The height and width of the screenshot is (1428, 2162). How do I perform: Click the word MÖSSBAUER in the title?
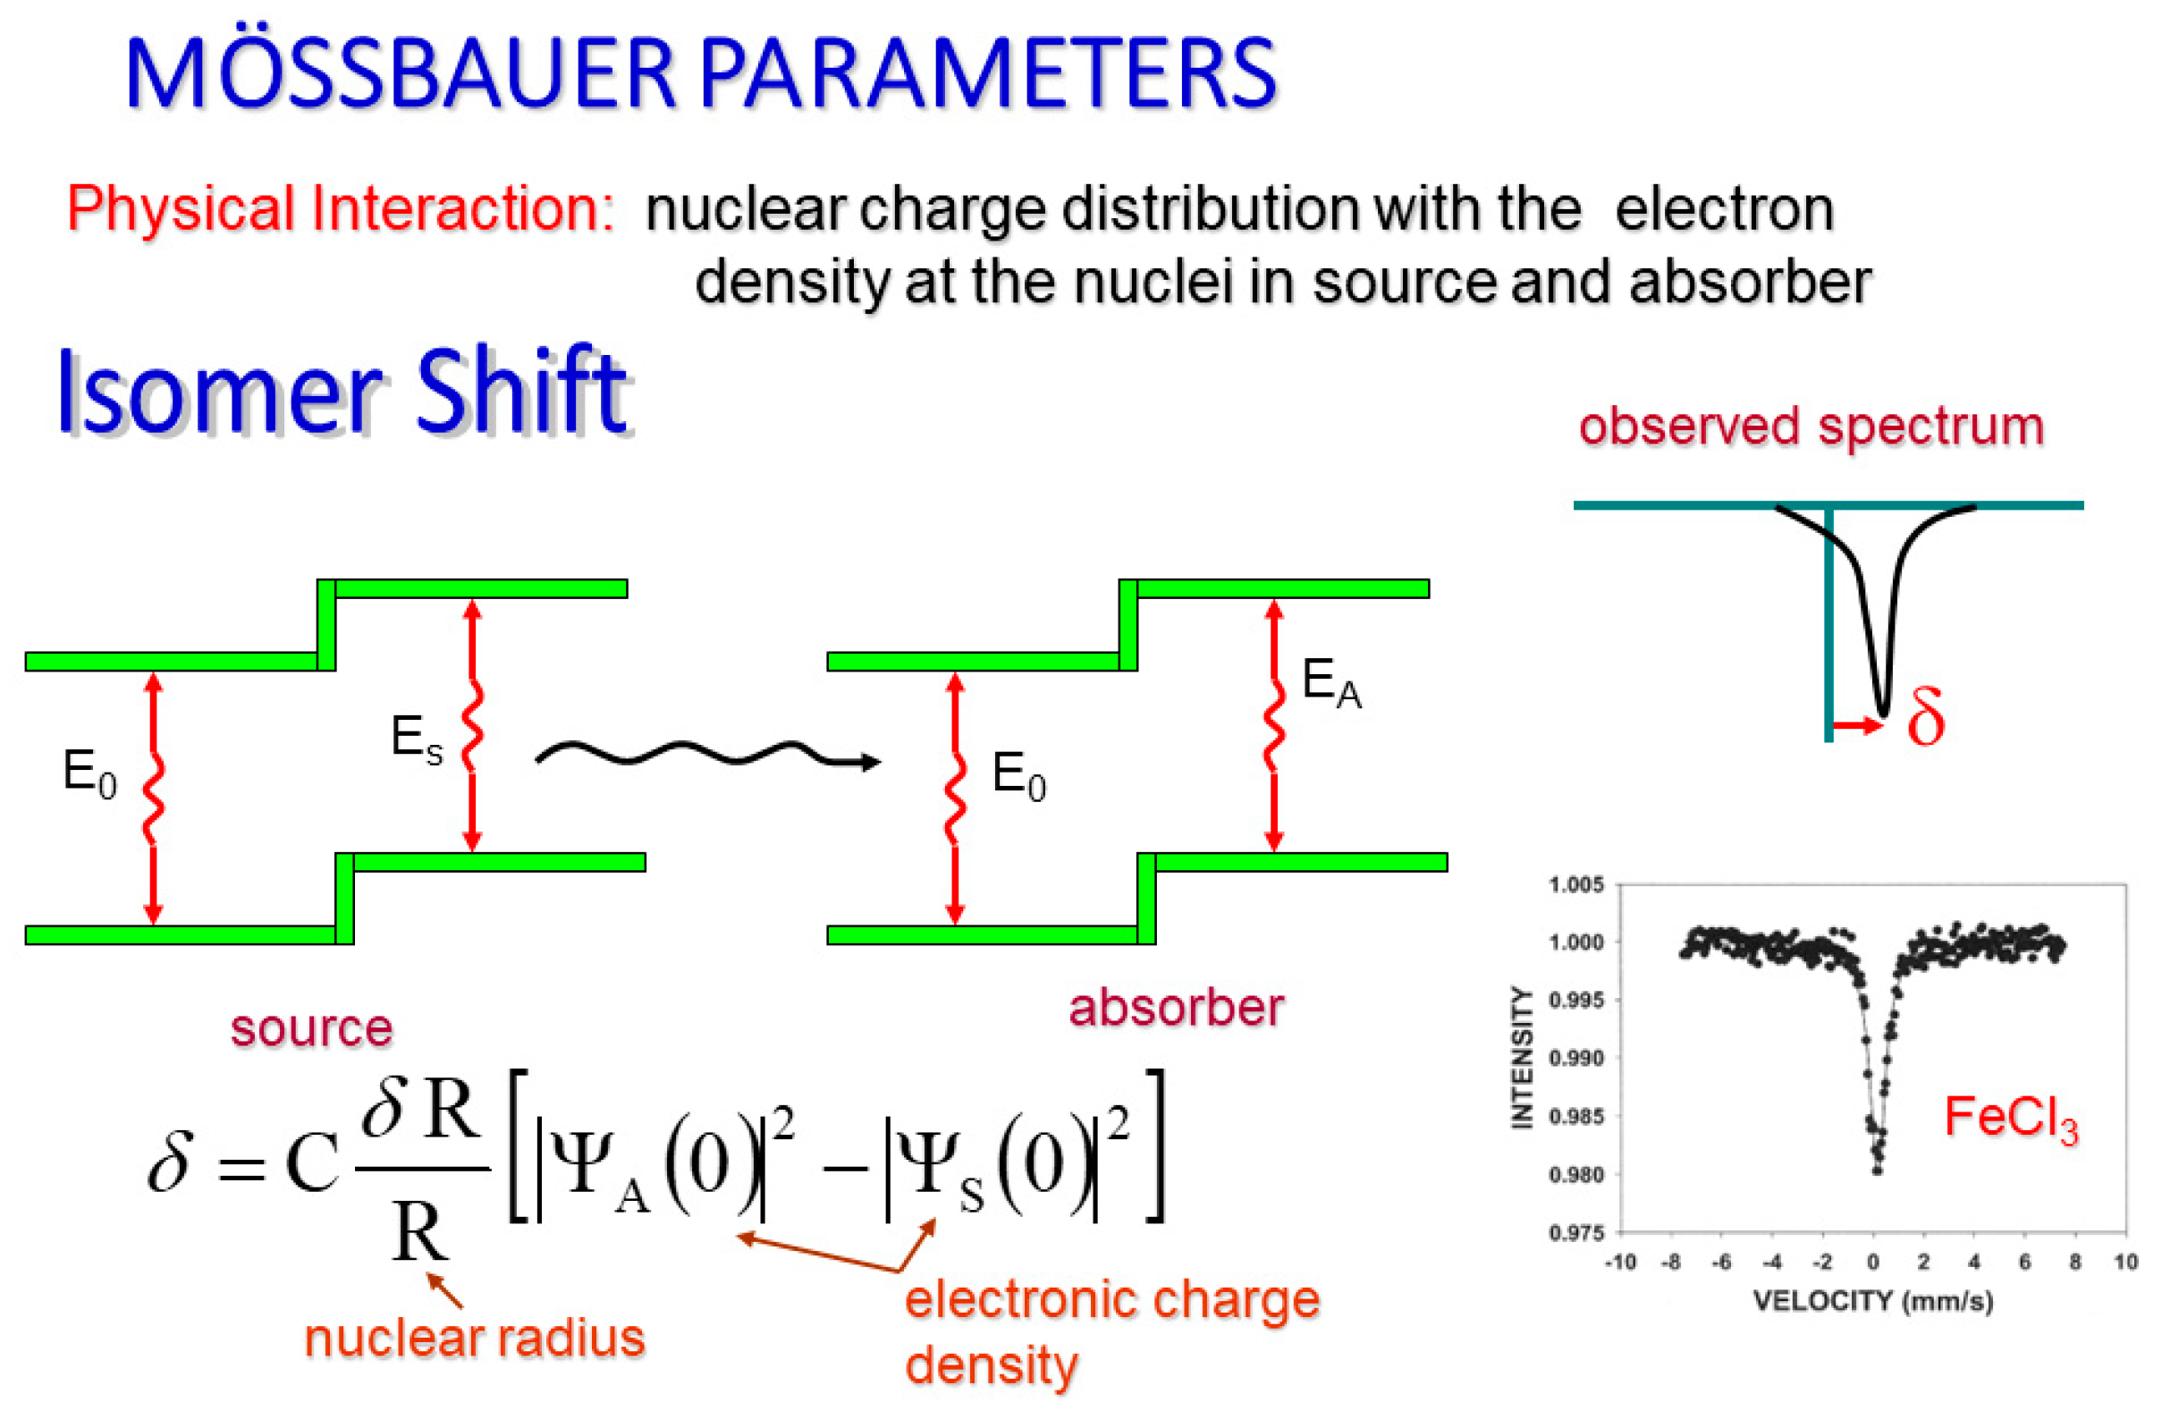pyautogui.click(x=401, y=72)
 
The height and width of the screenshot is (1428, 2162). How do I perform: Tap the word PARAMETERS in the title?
pyautogui.click(x=988, y=72)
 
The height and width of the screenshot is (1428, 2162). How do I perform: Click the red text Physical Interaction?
pyautogui.click(x=341, y=208)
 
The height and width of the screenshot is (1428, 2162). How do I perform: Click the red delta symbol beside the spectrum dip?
pyautogui.click(x=1926, y=718)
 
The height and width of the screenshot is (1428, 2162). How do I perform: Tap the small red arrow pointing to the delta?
pyautogui.click(x=1858, y=726)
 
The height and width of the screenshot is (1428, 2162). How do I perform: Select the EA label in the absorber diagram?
pyautogui.click(x=1330, y=682)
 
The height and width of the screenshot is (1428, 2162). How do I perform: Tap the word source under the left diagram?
pyautogui.click(x=311, y=1028)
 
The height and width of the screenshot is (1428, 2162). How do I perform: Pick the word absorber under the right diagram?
pyautogui.click(x=1176, y=1008)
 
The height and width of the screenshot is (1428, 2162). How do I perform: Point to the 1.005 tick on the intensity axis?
pyautogui.click(x=1575, y=884)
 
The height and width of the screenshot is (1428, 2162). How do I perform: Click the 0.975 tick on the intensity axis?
pyautogui.click(x=1575, y=1233)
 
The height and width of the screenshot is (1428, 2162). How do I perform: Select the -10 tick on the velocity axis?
pyautogui.click(x=1619, y=1263)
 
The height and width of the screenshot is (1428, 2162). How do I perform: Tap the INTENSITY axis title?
pyautogui.click(x=1522, y=1057)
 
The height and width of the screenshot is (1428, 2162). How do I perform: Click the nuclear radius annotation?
pyautogui.click(x=475, y=1338)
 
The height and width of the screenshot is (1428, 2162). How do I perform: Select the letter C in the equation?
pyautogui.click(x=312, y=1163)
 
